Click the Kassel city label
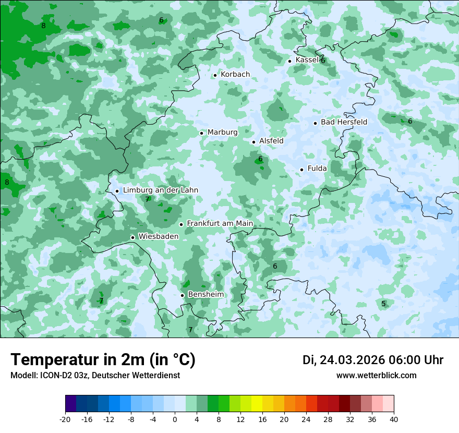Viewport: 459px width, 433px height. tap(307, 60)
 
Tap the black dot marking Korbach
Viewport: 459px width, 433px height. tap(215, 75)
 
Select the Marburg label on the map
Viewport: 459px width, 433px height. tap(222, 133)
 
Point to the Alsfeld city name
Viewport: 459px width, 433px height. tap(271, 141)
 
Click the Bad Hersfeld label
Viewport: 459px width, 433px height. tap(344, 122)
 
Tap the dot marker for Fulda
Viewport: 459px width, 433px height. tap(301, 170)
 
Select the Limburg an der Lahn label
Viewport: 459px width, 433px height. tap(160, 190)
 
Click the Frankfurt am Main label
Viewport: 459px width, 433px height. tap(220, 224)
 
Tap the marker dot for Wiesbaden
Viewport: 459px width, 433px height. tap(132, 237)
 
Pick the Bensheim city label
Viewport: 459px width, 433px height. tap(206, 295)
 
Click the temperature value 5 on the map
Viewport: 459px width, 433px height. tap(383, 304)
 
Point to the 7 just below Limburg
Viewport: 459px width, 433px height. tap(147, 199)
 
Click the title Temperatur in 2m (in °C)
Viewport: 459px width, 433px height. tap(103, 360)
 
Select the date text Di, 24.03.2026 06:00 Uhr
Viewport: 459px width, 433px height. tap(373, 360)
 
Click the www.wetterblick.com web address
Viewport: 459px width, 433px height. tap(376, 376)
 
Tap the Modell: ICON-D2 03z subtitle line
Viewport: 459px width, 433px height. tap(95, 376)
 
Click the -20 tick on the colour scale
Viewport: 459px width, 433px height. tap(65, 419)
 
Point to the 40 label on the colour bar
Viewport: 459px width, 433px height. tap(393, 419)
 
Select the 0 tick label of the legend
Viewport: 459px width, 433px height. tap(175, 419)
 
